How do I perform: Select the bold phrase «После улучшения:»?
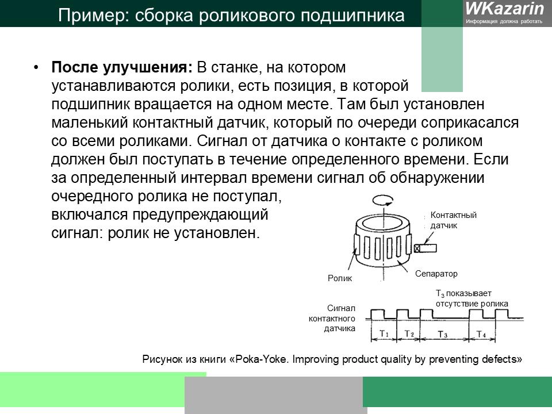pyautogui.click(x=122, y=67)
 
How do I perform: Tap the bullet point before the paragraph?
pyautogui.click(x=36, y=67)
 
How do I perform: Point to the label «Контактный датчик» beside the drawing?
pyautogui.click(x=453, y=220)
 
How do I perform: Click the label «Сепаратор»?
pyautogui.click(x=436, y=274)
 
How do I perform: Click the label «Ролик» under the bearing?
pyautogui.click(x=339, y=278)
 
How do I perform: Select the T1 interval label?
pyautogui.click(x=385, y=334)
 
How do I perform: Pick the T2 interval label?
pyautogui.click(x=409, y=334)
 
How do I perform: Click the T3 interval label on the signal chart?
pyautogui.click(x=443, y=334)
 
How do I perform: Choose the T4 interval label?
pyautogui.click(x=481, y=334)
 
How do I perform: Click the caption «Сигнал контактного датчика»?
pyautogui.click(x=332, y=318)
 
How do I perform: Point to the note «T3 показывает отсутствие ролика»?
pyautogui.click(x=471, y=298)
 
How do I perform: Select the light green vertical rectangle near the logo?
pyautogui.click(x=442, y=57)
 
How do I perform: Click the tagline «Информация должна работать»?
pyautogui.click(x=504, y=21)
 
